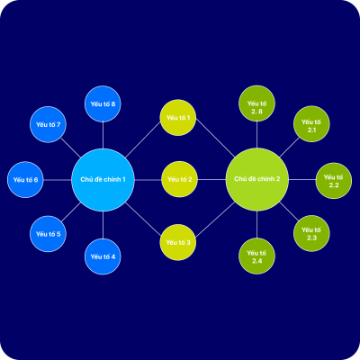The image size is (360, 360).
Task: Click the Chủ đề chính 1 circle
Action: [x=103, y=180]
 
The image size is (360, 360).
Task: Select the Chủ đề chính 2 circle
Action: [x=257, y=179]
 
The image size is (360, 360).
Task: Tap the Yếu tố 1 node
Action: [x=178, y=118]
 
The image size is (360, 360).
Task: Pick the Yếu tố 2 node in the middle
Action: [x=179, y=179]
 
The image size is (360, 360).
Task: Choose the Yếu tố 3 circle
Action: [x=178, y=242]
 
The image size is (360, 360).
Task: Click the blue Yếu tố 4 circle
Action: [x=103, y=256]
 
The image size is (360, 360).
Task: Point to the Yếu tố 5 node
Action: [x=48, y=234]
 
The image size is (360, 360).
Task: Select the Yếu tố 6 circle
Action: [x=25, y=180]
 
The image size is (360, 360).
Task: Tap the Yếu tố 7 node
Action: [x=48, y=124]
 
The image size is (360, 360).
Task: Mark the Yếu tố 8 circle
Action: [x=103, y=103]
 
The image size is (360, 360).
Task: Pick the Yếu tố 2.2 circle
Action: [x=334, y=181]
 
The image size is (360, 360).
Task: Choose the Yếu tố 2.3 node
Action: [x=311, y=233]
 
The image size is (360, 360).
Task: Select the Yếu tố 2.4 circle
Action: [x=256, y=256]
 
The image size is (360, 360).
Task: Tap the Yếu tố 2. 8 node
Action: [x=256, y=103]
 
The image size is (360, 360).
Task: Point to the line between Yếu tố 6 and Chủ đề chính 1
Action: [x=58, y=180]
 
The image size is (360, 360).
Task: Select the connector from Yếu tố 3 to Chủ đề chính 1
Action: [x=143, y=219]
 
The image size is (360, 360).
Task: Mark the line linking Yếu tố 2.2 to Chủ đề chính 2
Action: [x=302, y=180]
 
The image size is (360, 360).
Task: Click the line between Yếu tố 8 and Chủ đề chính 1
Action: [x=103, y=135]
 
